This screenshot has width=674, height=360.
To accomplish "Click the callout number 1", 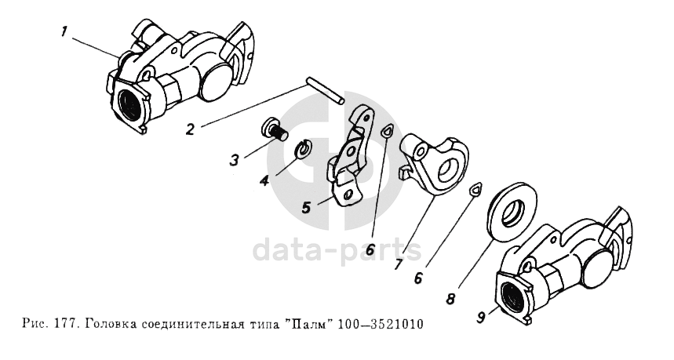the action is coord(64,32).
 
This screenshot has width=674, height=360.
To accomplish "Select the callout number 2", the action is coord(191,129).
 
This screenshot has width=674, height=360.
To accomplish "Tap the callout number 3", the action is coord(234,161).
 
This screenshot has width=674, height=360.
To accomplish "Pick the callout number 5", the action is coord(306,208).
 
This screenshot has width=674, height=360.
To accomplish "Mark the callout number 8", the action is coord(450,299).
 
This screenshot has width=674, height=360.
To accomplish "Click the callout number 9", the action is coord(482,318).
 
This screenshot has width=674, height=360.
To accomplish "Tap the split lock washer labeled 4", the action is coord(305,149).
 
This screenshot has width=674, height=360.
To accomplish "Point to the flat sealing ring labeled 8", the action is coord(513,209).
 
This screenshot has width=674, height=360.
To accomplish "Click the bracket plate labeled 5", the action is coord(350,158).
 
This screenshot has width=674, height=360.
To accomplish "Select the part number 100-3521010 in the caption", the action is coord(381,323).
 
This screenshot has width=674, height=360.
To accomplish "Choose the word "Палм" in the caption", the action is coord(311,323).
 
